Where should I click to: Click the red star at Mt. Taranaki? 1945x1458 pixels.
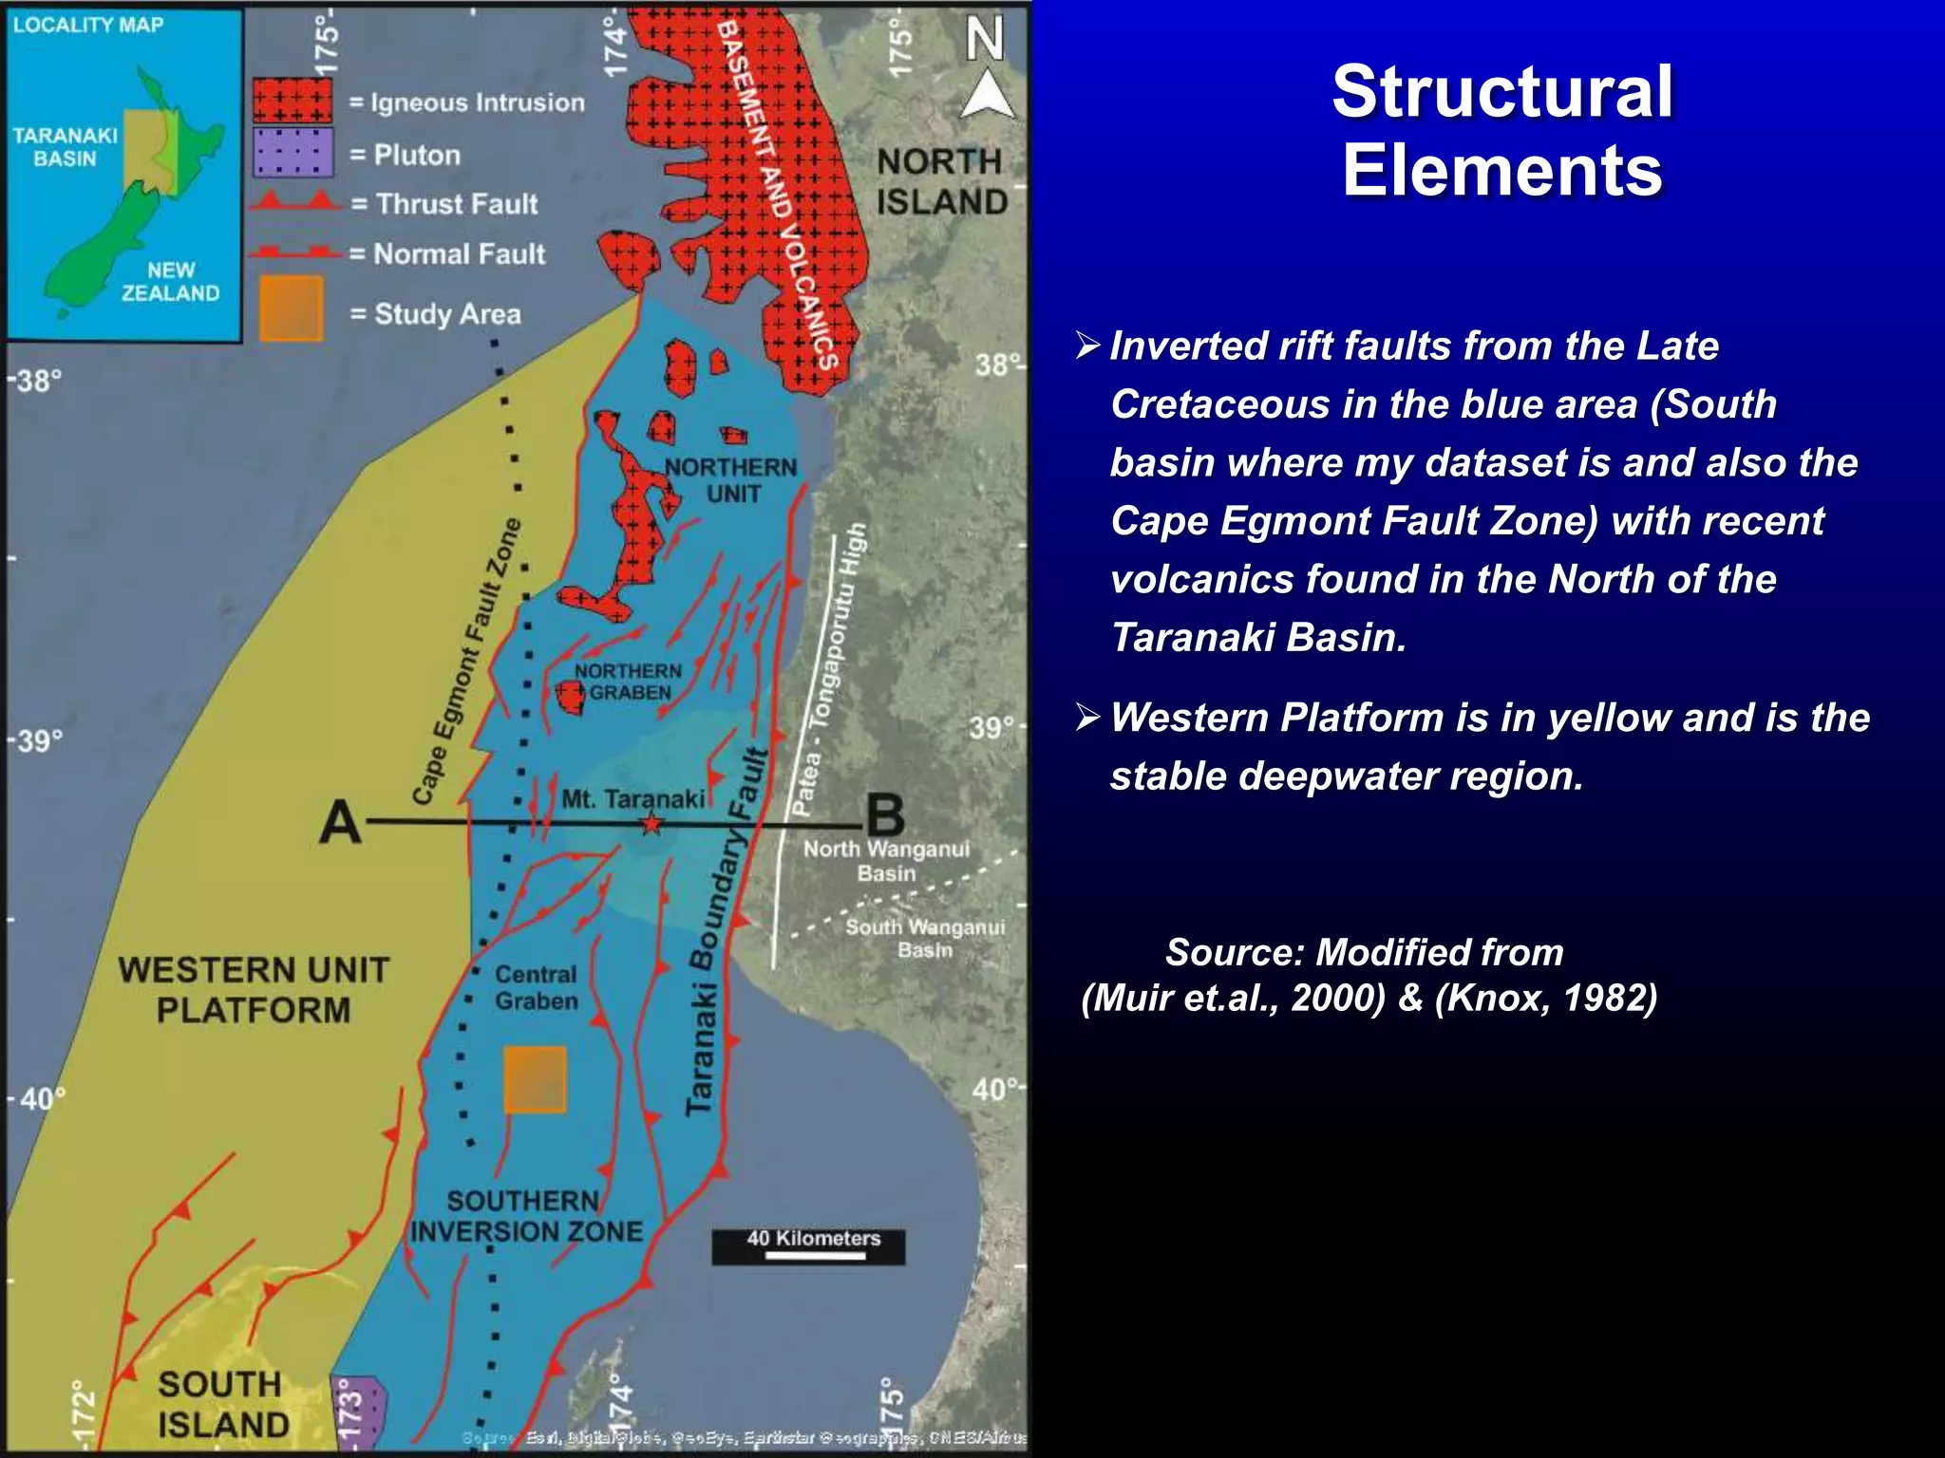(651, 823)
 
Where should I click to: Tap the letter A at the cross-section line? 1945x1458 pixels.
(340, 822)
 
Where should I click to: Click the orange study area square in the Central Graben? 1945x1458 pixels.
(535, 1079)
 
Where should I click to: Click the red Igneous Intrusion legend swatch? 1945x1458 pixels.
(293, 101)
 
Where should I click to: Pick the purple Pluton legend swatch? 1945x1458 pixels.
(293, 153)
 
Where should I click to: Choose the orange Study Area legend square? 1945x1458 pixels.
(291, 308)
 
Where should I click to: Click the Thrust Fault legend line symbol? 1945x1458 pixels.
(294, 202)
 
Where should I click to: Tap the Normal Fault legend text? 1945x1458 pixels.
(459, 254)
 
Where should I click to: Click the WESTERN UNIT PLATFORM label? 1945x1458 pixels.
(254, 989)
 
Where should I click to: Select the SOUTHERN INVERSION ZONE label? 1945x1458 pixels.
(525, 1216)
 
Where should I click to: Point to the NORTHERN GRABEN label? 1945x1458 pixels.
(628, 682)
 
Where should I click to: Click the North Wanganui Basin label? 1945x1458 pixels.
(886, 861)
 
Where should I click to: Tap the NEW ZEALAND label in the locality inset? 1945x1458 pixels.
(170, 282)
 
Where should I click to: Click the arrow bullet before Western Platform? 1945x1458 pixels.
(1087, 718)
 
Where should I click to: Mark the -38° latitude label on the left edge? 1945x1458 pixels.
(35, 381)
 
